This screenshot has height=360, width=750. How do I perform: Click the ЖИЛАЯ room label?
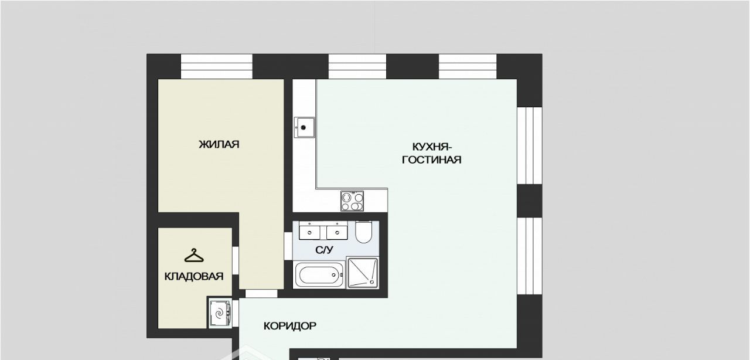click(x=219, y=144)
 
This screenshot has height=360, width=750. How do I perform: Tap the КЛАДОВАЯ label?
click(x=194, y=277)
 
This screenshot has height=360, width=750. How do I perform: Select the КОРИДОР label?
click(x=290, y=326)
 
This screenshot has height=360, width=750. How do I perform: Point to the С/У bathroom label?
click(x=325, y=250)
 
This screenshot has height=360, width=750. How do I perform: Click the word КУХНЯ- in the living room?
click(x=432, y=147)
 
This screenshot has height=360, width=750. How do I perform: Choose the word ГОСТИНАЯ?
click(x=432, y=159)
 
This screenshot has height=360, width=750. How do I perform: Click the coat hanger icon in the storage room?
click(x=194, y=256)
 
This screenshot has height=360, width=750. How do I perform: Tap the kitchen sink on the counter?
click(x=304, y=127)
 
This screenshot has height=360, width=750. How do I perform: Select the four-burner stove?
click(x=352, y=201)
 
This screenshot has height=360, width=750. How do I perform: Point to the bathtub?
click(x=318, y=275)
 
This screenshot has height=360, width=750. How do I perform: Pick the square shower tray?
click(x=363, y=273)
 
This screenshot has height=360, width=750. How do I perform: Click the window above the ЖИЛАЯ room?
click(x=217, y=66)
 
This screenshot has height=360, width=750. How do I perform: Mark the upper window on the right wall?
click(x=530, y=145)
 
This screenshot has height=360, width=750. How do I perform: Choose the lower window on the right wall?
click(x=530, y=256)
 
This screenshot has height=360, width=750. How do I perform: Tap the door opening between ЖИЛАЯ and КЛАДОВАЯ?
click(x=236, y=261)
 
